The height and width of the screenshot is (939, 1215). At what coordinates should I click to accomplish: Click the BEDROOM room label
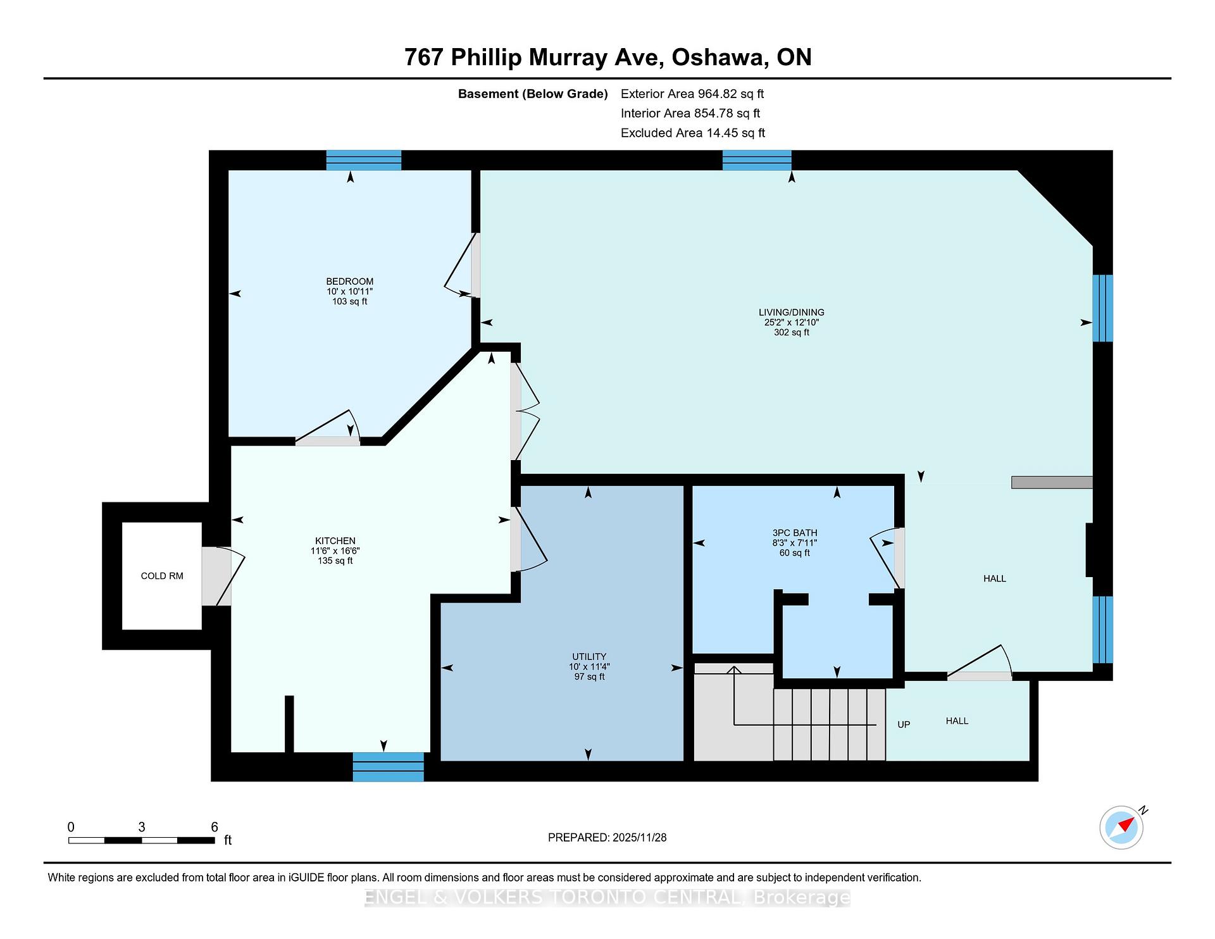tap(349, 282)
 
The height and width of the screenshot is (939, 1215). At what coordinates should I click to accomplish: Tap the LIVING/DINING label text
tap(792, 312)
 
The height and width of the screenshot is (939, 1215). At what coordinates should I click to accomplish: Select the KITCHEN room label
tap(335, 541)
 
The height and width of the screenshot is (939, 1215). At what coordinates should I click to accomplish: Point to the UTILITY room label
tap(589, 657)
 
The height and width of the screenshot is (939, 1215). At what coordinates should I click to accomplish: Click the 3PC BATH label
tap(795, 533)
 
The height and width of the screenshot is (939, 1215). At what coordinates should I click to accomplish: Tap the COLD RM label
tap(162, 576)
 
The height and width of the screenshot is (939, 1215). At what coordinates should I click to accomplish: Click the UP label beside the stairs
tap(904, 724)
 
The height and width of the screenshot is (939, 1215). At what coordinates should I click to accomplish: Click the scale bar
tap(142, 840)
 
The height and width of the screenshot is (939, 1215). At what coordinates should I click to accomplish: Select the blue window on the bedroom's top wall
tap(364, 160)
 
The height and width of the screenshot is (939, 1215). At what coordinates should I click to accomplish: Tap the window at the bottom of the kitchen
tap(388, 767)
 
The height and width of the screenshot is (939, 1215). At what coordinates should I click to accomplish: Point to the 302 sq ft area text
tap(792, 332)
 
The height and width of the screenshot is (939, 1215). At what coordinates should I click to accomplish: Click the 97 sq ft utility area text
tap(589, 677)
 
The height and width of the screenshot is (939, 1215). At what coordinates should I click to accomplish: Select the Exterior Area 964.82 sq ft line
tap(692, 94)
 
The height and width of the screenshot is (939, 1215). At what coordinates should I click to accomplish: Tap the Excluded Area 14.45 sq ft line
tap(693, 133)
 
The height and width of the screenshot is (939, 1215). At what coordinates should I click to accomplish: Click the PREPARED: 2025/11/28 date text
tap(607, 838)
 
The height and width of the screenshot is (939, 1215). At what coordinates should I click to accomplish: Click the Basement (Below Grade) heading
tap(533, 94)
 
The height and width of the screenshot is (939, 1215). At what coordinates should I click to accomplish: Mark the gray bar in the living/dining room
tap(1052, 482)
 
